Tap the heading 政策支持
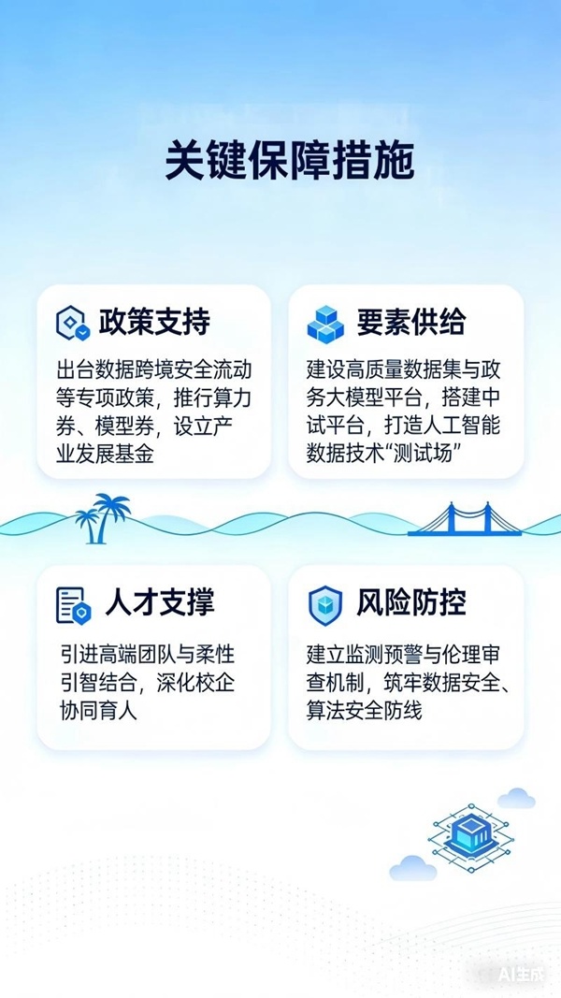[x=153, y=322]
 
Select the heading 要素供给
[x=410, y=322]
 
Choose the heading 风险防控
[x=410, y=602]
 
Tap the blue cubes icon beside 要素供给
[x=326, y=324]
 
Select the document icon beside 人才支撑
[x=74, y=604]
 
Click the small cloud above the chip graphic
[x=516, y=798]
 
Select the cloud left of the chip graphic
[x=412, y=868]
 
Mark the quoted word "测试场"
[x=431, y=454]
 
